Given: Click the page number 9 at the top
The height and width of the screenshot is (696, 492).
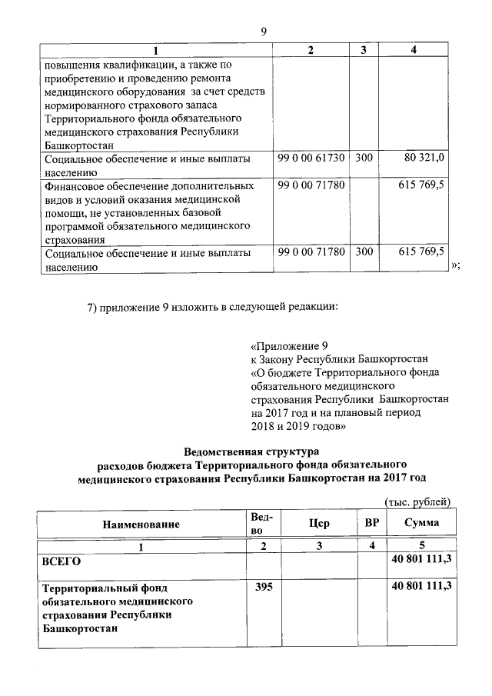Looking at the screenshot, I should pos(263,32).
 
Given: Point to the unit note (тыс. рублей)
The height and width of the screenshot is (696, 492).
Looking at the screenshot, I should pos(417,502).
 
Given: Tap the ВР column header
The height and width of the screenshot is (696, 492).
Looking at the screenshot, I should pos(371,523).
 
